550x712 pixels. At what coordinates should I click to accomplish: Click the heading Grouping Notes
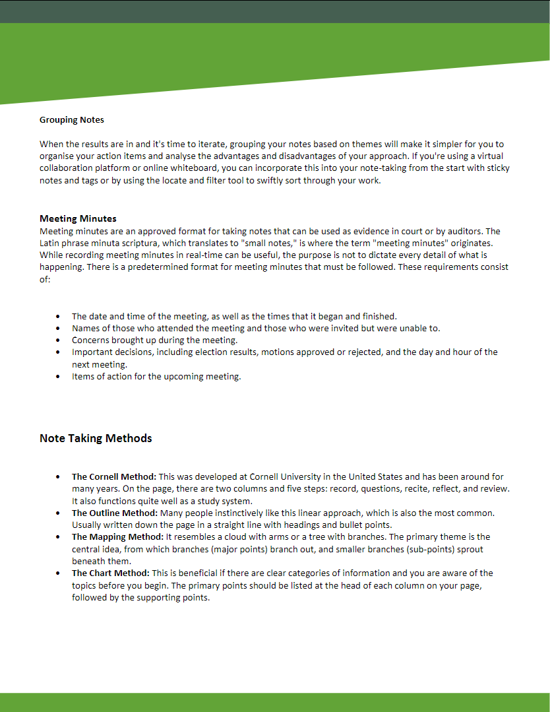point(72,120)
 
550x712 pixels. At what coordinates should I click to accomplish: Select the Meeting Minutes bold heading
point(78,218)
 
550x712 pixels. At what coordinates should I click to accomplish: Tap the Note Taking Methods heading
point(96,438)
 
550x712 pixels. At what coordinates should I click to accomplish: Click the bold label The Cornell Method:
point(114,476)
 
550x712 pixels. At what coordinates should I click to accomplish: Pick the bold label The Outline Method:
point(114,513)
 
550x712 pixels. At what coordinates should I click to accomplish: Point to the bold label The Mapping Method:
point(117,537)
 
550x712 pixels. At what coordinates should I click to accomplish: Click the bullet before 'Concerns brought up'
point(59,340)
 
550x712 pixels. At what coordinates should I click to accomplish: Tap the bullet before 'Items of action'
point(59,377)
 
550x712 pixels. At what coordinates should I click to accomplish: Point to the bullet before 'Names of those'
point(59,328)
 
